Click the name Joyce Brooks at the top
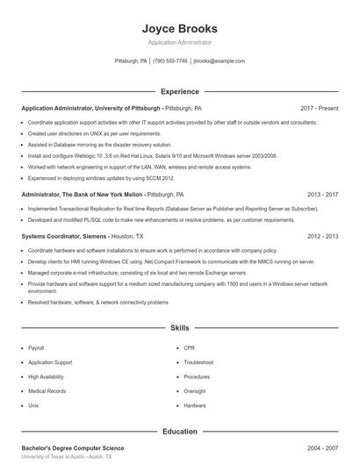(179, 28)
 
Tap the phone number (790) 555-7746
(170, 61)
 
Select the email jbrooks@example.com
(219, 61)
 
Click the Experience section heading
(179, 91)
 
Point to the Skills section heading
(179, 327)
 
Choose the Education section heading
(179, 432)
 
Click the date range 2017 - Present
(319, 108)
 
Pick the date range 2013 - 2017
(322, 194)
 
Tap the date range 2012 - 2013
(322, 236)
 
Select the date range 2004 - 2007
(322, 448)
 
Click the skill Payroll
(36, 348)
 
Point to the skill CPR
(190, 348)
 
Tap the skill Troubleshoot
(198, 362)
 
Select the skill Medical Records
(46, 391)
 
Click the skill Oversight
(195, 391)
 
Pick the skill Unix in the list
(33, 406)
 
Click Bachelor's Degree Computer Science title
(73, 448)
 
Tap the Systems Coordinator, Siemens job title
(64, 236)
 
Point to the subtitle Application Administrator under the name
(179, 42)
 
